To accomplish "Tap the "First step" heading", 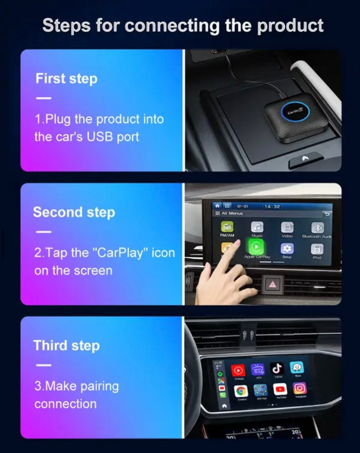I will [66, 79].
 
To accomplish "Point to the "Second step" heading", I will [74, 212].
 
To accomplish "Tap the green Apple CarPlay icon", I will [256, 246].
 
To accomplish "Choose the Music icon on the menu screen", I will [257, 227].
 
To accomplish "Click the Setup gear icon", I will [287, 248].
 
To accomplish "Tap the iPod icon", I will [317, 249].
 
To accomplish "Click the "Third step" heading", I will [67, 346].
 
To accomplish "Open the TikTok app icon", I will [277, 369].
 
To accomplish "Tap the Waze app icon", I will [297, 368].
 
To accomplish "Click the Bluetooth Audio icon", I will [317, 228].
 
